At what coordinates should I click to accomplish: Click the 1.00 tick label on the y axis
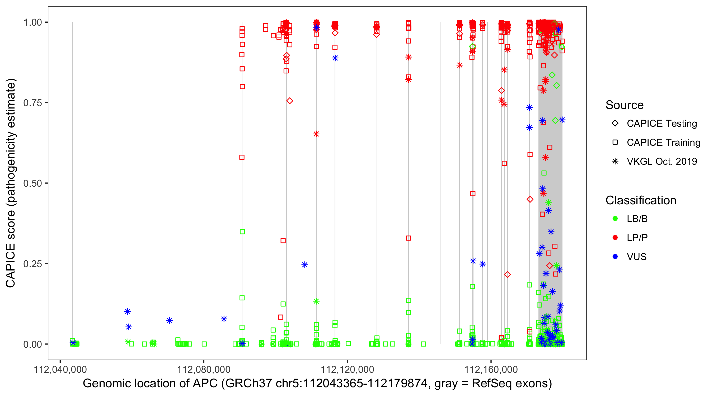pos(32,22)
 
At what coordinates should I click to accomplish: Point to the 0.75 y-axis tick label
pos(32,103)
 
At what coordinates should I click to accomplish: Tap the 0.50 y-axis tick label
pos(32,183)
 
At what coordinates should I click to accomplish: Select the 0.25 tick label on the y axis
pos(32,264)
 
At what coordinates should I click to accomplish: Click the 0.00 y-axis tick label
pos(32,344)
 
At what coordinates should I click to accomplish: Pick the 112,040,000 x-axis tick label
pos(60,369)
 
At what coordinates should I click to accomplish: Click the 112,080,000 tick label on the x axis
pos(204,369)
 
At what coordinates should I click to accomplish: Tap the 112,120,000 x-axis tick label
pos(347,369)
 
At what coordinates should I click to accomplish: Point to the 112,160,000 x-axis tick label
pos(491,369)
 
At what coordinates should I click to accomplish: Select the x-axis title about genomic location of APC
pos(317,384)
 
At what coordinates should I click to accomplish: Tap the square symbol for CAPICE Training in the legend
pos(615,143)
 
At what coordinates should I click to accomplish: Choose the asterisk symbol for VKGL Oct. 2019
pos(615,161)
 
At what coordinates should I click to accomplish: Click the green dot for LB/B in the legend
pos(615,219)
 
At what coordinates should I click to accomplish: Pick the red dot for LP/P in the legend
pos(615,238)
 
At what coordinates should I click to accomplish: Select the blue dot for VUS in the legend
pos(615,257)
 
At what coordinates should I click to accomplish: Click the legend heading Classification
pos(640,200)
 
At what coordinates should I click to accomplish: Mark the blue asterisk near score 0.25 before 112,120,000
pos(304,265)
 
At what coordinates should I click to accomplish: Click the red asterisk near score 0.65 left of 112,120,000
pos(316,134)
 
